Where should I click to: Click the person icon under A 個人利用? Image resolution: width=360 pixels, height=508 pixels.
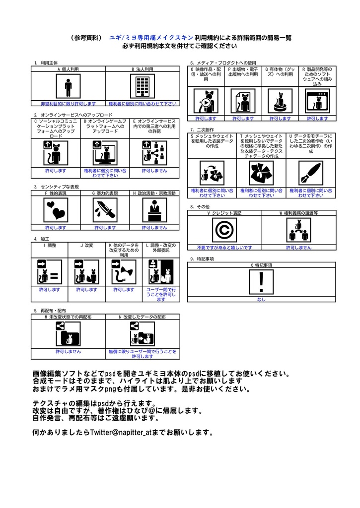pyautogui.click(x=68, y=87)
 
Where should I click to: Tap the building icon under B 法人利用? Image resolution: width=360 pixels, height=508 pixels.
pyautogui.click(x=142, y=87)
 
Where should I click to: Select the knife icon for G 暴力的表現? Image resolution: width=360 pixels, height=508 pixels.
pyautogui.click(x=105, y=211)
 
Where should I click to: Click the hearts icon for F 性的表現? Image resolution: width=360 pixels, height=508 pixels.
pyautogui.click(x=55, y=211)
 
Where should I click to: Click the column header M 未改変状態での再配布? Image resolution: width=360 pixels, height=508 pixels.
pyautogui.click(x=68, y=317)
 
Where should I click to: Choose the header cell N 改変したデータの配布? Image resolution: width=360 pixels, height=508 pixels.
pyautogui.click(x=142, y=317)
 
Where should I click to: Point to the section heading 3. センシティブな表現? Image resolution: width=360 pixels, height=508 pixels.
pyautogui.click(x=57, y=187)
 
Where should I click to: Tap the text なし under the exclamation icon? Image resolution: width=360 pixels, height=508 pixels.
pyautogui.click(x=261, y=299)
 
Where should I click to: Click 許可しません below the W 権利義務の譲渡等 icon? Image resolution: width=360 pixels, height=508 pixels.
pyautogui.click(x=298, y=247)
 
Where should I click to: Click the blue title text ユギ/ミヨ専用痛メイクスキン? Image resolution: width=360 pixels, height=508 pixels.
pyautogui.click(x=151, y=38)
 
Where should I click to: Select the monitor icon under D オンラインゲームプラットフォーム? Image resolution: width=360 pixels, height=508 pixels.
pyautogui.click(x=105, y=153)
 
